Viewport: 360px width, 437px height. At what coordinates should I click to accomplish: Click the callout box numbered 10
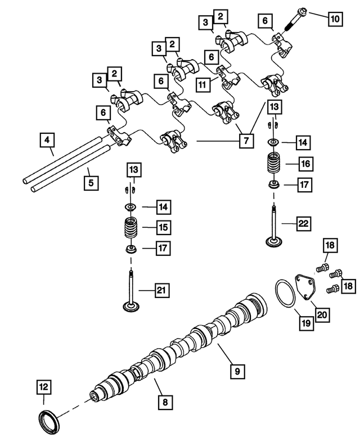(335, 19)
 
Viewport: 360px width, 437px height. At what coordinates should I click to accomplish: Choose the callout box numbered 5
(88, 182)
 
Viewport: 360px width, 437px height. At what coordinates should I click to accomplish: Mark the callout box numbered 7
(245, 141)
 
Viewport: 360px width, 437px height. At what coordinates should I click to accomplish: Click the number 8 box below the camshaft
(165, 402)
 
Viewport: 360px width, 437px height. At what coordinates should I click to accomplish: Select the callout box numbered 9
(237, 371)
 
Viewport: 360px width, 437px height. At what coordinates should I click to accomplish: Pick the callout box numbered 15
(163, 228)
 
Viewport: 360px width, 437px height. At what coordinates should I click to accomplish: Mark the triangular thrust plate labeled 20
(307, 286)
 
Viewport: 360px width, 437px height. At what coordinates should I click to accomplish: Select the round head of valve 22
(274, 242)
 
